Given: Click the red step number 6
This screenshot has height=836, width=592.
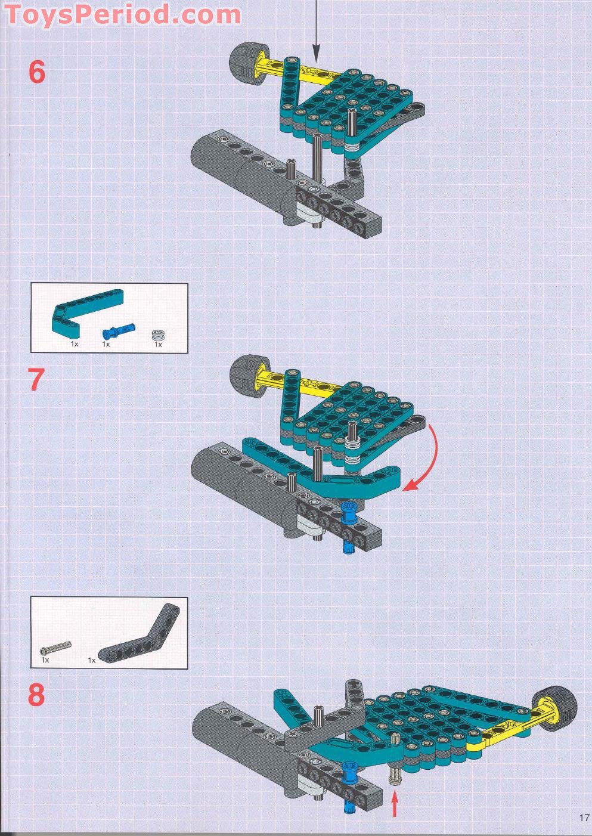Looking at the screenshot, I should pos(37,72).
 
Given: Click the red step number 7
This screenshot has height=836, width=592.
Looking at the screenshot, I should pos(36,380).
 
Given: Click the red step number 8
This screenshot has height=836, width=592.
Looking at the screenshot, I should pos(36,695).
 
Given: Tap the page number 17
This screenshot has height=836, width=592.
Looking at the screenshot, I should pos(583,818).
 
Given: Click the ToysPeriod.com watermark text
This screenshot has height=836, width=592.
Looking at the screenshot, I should pos(122,14).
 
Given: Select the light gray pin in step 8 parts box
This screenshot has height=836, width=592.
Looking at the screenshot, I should pos(55,648).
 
